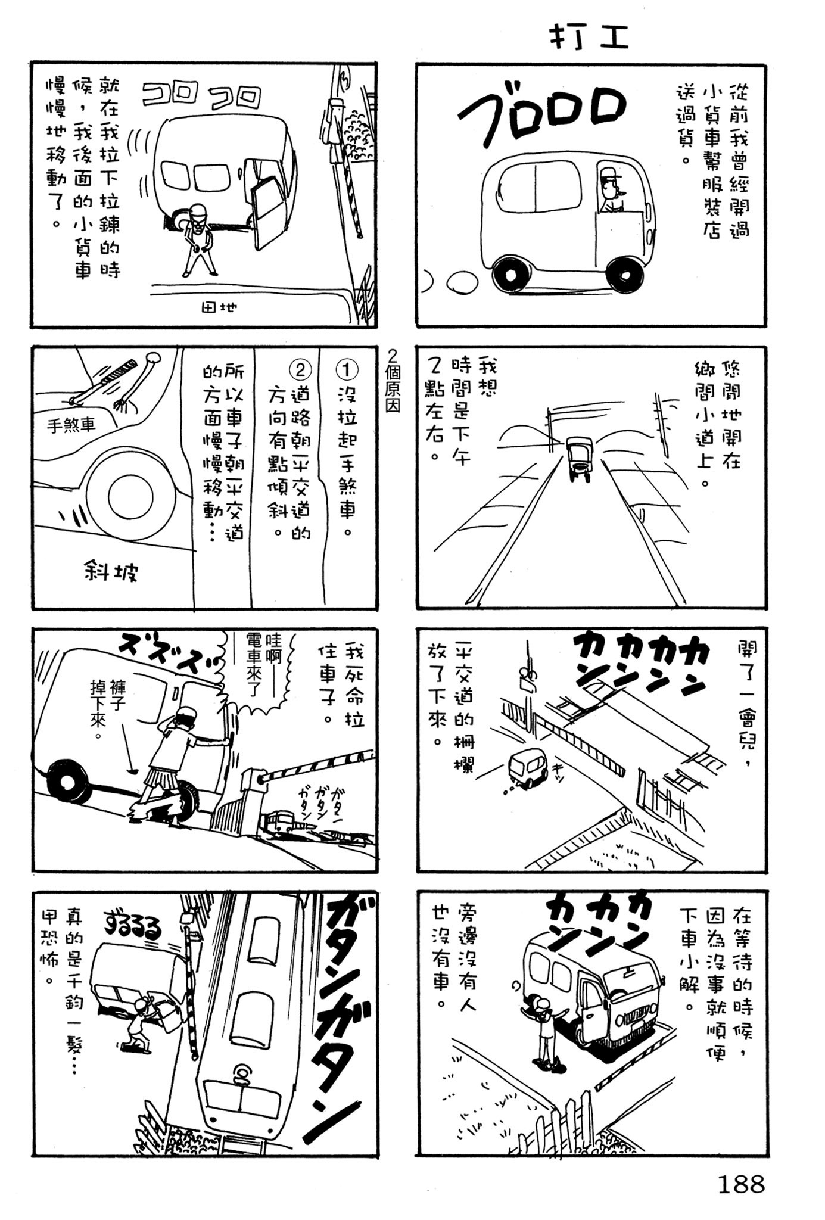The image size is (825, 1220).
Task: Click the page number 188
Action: click(x=740, y=1184)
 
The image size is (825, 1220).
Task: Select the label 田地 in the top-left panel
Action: click(x=219, y=307)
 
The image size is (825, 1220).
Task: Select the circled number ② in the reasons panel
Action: click(x=300, y=371)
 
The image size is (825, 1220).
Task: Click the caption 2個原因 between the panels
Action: click(x=393, y=382)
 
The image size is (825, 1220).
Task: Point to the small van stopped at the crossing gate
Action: click(x=527, y=768)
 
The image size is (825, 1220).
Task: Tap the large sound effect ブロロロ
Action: click(x=540, y=113)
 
